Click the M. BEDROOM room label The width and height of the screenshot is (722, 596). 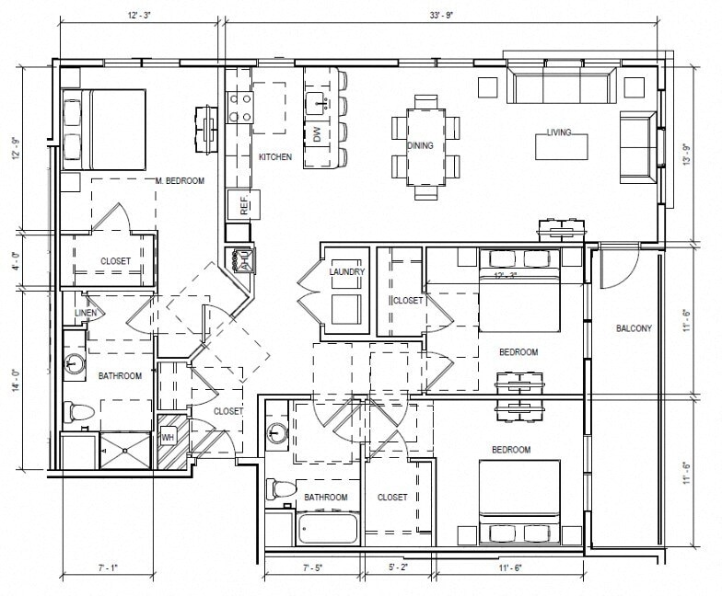tap(179, 180)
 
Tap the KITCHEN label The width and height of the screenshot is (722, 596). tap(274, 157)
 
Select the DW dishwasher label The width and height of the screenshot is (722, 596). tap(315, 135)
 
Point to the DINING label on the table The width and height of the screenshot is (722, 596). tap(420, 145)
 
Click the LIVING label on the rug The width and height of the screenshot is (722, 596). tap(558, 132)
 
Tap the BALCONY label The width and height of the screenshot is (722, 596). tap(634, 328)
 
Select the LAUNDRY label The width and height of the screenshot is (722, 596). tap(346, 272)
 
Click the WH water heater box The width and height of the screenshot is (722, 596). tap(168, 437)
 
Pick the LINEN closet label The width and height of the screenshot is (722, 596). tap(81, 314)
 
